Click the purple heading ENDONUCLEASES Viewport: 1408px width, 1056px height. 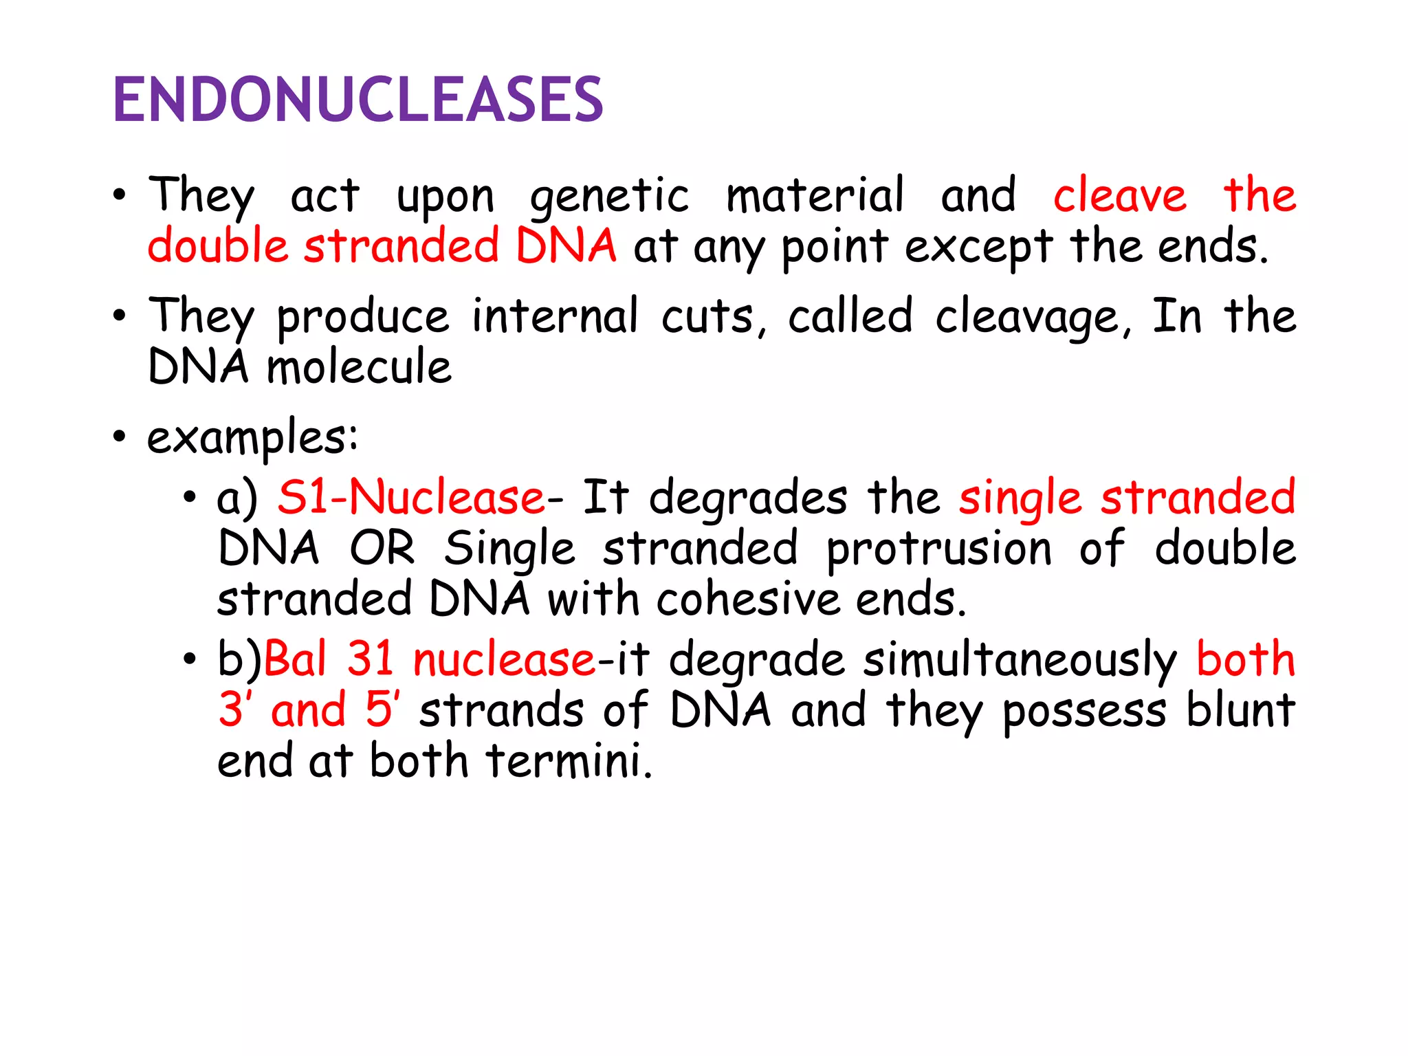pyautogui.click(x=357, y=100)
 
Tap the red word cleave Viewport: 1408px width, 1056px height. pyautogui.click(x=1119, y=195)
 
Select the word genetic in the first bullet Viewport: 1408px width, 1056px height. pyautogui.click(x=608, y=197)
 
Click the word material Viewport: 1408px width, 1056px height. pyautogui.click(x=815, y=195)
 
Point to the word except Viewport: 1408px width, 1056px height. pyautogui.click(x=978, y=247)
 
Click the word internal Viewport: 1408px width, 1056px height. pyautogui.click(x=555, y=316)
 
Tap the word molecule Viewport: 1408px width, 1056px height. pyautogui.click(x=359, y=367)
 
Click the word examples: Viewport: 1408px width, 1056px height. pyautogui.click(x=252, y=437)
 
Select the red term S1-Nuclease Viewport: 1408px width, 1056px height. pyautogui.click(x=411, y=498)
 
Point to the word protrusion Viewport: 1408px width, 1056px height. pyautogui.click(x=938, y=550)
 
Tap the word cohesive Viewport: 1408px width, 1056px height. pyautogui.click(x=748, y=599)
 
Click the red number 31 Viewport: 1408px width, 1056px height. pyautogui.click(x=370, y=659)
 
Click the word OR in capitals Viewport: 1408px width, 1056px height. pyautogui.click(x=382, y=549)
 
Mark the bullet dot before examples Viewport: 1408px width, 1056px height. pyautogui.click(x=120, y=437)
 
